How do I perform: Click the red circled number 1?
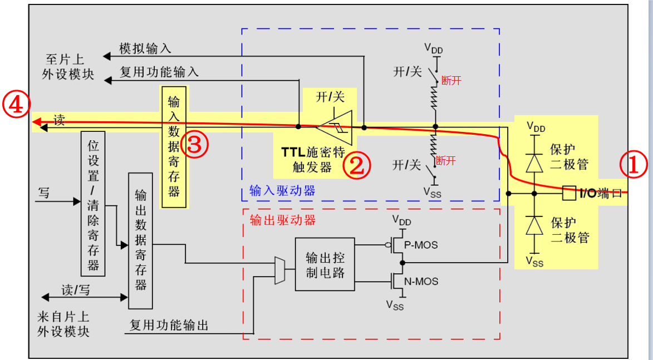tap(634, 166)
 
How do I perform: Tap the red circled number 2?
tap(356, 166)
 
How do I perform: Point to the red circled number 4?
tap(15, 105)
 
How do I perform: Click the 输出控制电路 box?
tap(325, 265)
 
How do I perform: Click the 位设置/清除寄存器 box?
tap(93, 203)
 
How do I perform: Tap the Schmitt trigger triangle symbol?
tap(336, 127)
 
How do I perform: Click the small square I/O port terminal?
tap(569, 194)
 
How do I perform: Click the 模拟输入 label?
tap(145, 49)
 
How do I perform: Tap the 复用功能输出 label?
tap(169, 325)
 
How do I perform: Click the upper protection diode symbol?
tap(534, 162)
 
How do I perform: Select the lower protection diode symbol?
tap(534, 226)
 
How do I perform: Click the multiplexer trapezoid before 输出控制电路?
tap(280, 270)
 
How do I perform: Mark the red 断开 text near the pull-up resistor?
tap(451, 80)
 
